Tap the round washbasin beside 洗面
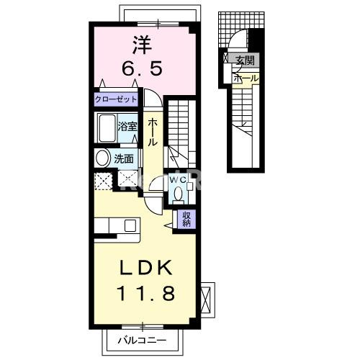102,158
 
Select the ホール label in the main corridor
153,133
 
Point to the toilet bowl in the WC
177,194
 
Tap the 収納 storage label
186,219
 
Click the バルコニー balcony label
143,340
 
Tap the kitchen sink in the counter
131,226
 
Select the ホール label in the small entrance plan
245,77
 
